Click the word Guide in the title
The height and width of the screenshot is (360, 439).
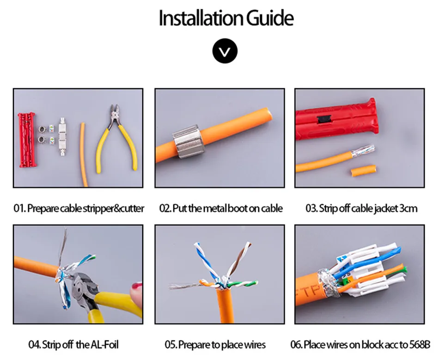pyautogui.click(x=269, y=18)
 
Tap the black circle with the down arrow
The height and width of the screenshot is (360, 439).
pyautogui.click(x=225, y=51)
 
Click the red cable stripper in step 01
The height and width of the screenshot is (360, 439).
pyautogui.click(x=26, y=140)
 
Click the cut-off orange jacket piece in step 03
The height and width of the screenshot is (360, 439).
pyautogui.click(x=363, y=170)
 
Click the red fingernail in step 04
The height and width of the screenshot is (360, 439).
pyautogui.click(x=137, y=287)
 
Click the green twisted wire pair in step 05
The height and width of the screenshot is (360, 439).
pyautogui.click(x=242, y=284)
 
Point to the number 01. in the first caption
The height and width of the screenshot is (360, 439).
pyautogui.click(x=19, y=208)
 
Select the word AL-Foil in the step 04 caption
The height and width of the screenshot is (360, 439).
pyautogui.click(x=104, y=345)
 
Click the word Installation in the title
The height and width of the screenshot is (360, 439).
pyautogui.click(x=201, y=18)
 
